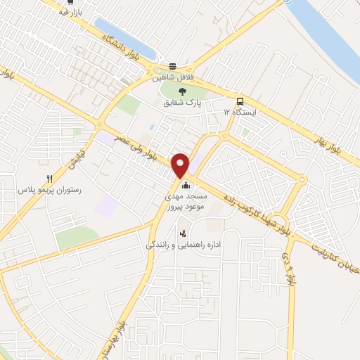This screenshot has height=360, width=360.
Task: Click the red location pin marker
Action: [181, 165]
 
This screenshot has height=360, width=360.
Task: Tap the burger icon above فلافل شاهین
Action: [172, 66]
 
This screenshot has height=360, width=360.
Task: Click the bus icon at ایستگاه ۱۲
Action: [240, 101]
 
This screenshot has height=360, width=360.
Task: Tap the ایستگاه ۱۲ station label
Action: [240, 112]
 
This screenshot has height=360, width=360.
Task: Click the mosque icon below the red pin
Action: [186, 186]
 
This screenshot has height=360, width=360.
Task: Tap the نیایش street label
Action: [75, 160]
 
